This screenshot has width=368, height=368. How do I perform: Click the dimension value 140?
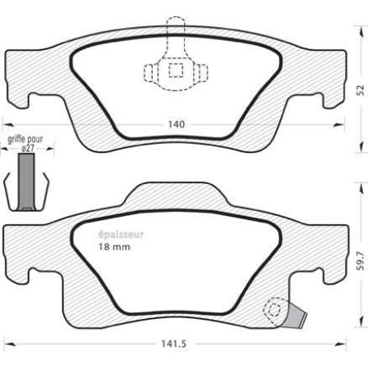pos(174,124)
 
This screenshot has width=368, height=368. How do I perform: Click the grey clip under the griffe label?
pos(28,182)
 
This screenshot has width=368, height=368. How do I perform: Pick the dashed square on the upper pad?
pos(175,70)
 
